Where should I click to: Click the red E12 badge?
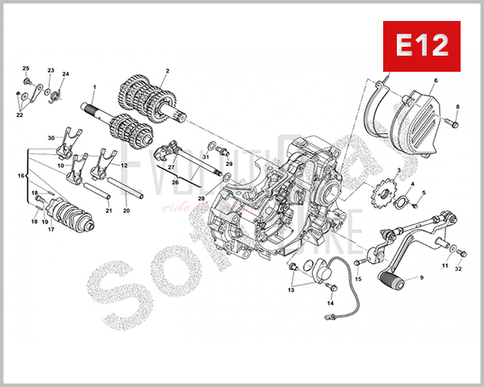420,45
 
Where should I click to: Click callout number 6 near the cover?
435,81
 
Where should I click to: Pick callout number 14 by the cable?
330,303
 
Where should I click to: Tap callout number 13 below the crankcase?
291,291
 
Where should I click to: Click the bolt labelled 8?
453,122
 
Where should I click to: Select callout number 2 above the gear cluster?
167,71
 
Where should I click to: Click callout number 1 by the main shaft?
94,86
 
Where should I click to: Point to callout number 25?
25,69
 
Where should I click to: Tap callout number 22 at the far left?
19,115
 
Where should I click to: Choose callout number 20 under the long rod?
126,211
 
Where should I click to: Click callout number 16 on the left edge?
22,174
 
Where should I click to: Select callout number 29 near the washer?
229,164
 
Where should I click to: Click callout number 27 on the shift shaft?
171,166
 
